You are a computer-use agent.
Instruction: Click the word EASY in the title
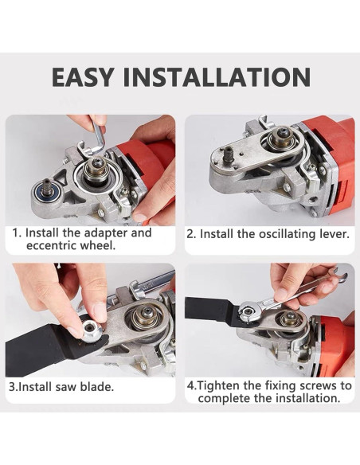pos(83,77)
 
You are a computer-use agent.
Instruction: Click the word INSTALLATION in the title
pos(217,77)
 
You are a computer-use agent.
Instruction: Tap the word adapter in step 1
pos(105,233)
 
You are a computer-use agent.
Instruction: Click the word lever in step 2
pos(333,234)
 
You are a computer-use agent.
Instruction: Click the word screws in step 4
pos(318,386)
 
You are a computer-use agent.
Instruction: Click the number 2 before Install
pos(190,234)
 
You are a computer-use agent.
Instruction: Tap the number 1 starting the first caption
pos(15,233)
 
